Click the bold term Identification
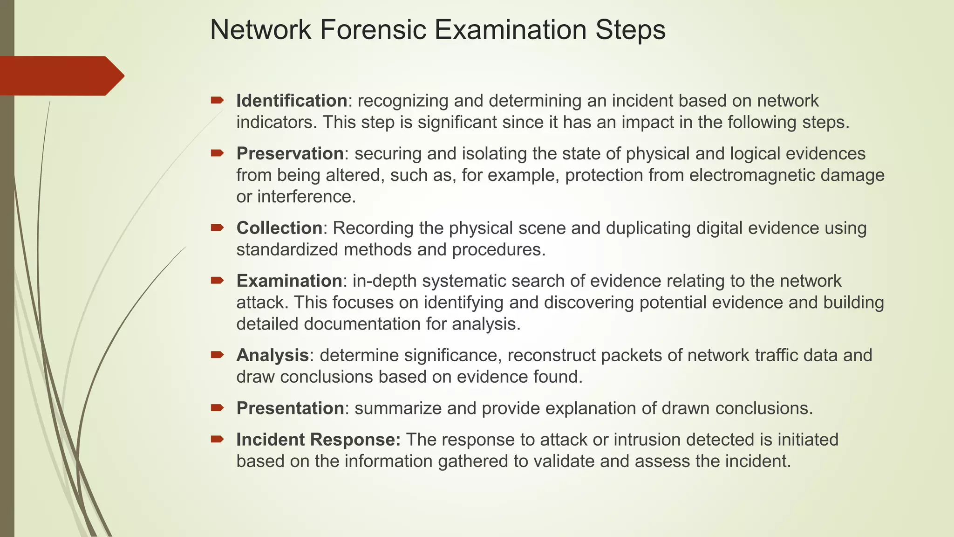pos(292,101)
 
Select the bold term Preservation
pos(290,153)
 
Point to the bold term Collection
pos(279,228)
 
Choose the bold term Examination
pos(289,281)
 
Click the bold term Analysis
pos(273,355)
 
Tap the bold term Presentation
pos(290,408)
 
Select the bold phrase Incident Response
pos(318,440)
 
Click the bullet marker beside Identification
pos(217,100)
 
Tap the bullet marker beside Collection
pos(217,227)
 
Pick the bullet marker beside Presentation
pos(217,408)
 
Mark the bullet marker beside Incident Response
pos(217,439)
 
